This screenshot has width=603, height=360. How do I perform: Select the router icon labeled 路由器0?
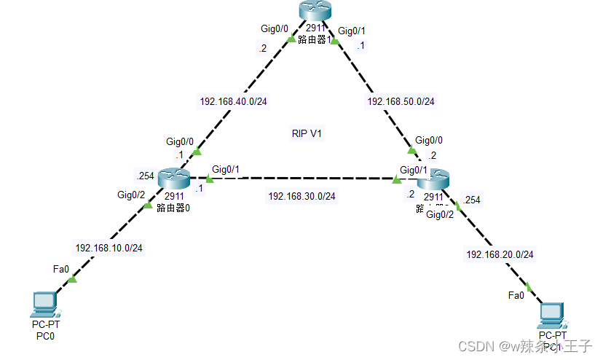(x=173, y=178)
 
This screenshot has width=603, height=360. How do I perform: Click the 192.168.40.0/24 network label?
(x=233, y=101)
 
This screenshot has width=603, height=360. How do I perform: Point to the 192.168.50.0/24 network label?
(x=401, y=101)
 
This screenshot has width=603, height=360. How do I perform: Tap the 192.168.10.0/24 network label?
(x=109, y=248)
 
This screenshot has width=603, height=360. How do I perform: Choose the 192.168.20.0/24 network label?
(x=500, y=254)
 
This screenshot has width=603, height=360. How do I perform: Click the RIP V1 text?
(x=307, y=134)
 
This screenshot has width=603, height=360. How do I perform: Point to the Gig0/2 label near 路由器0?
(x=131, y=195)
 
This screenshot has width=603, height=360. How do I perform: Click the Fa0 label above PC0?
(x=61, y=269)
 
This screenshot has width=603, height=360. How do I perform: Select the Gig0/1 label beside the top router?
(x=352, y=31)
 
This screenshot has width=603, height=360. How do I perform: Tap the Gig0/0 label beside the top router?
(x=275, y=29)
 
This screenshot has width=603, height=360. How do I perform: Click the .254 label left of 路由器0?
(x=144, y=176)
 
